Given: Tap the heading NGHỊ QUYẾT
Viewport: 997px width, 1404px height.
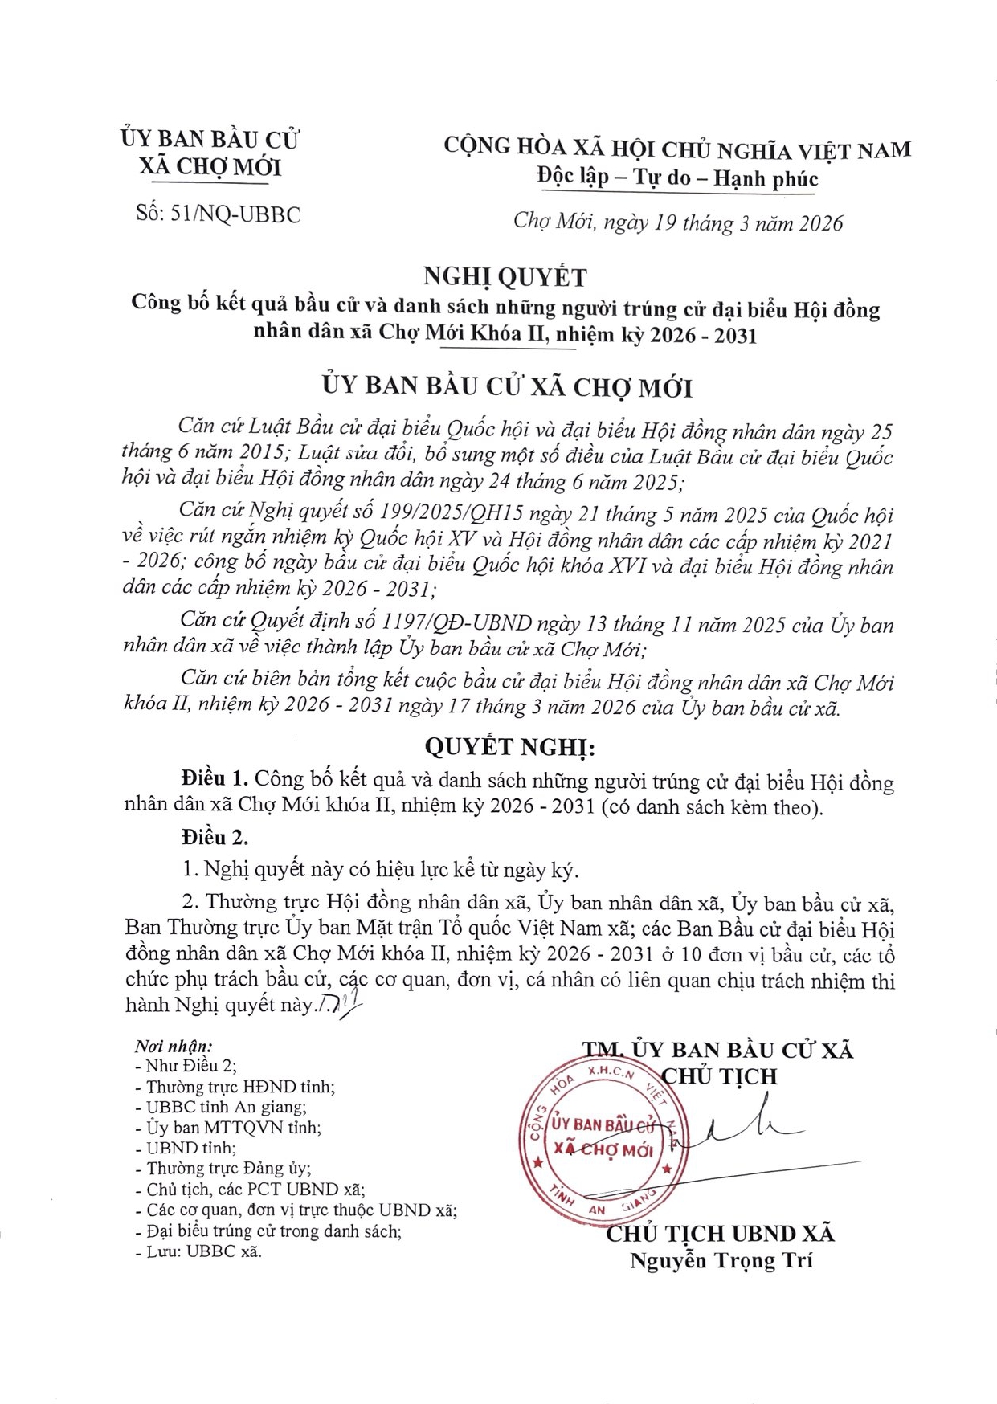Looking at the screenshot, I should (505, 277).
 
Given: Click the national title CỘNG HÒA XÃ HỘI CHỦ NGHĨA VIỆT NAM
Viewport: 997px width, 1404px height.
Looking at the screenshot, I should (678, 149).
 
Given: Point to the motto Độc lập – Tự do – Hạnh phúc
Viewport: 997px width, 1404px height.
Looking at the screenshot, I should (677, 178).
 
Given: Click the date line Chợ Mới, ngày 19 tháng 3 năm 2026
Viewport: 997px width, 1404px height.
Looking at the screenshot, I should (678, 222).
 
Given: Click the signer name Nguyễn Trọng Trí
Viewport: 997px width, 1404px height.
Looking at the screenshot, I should (721, 1260).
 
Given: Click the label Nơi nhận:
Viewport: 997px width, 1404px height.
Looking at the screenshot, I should (174, 1047).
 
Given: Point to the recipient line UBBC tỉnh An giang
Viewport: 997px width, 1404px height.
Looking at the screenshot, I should (226, 1107).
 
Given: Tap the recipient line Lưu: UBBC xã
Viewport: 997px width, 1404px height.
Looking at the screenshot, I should (204, 1251).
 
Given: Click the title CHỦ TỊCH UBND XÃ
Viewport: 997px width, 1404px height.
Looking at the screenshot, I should (720, 1234).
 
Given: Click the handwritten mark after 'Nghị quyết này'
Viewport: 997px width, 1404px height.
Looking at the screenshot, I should (340, 1003).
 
